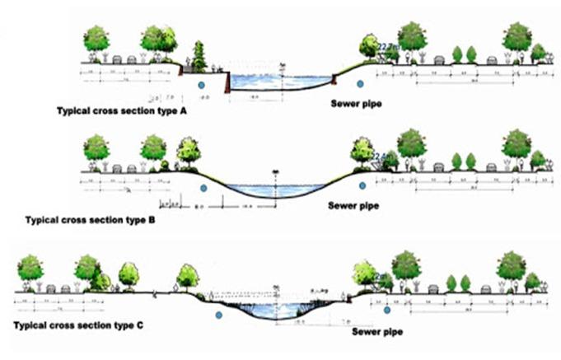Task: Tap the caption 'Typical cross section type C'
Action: (x=79, y=326)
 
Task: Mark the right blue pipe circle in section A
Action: (x=358, y=83)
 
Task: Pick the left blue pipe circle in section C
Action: (x=219, y=315)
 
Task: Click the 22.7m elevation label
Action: (x=387, y=50)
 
